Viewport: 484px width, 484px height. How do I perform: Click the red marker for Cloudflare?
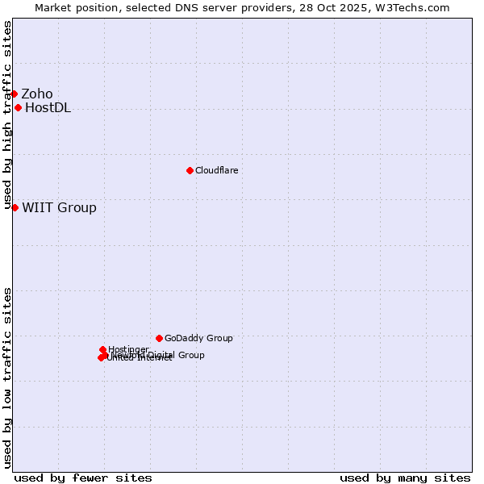click(x=190, y=170)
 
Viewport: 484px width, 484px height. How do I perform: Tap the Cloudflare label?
click(x=216, y=171)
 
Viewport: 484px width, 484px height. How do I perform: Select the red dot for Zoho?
click(x=14, y=94)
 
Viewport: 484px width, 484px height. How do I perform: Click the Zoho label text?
click(x=37, y=94)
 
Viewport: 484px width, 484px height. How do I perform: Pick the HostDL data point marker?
click(x=18, y=107)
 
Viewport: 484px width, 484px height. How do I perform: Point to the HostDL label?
click(x=48, y=108)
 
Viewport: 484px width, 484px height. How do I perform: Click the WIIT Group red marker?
click(x=15, y=207)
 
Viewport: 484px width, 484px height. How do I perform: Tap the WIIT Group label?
click(x=59, y=208)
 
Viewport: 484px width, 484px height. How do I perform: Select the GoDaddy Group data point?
click(x=159, y=338)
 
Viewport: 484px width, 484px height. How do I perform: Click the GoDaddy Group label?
click(x=198, y=339)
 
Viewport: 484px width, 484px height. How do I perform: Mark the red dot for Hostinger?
click(x=102, y=349)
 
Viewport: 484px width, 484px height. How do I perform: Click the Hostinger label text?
click(x=128, y=349)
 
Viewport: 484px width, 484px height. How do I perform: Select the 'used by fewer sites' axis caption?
click(x=83, y=478)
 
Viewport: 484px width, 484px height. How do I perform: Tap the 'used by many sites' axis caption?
click(x=405, y=478)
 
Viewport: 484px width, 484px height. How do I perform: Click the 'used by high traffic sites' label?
click(x=7, y=115)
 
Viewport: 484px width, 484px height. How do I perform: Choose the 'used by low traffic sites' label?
click(x=7, y=378)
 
